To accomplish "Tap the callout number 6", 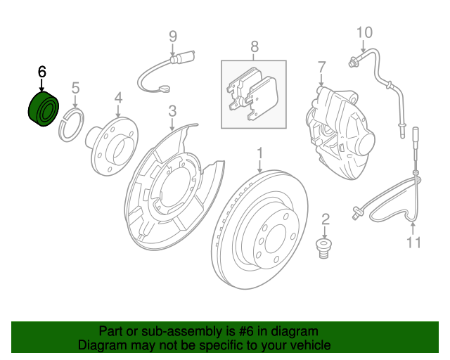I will pyautogui.click(x=41, y=72).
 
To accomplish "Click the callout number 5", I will pyautogui.click(x=75, y=89).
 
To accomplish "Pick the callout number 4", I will pyautogui.click(x=117, y=98).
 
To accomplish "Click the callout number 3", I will pyautogui.click(x=172, y=110).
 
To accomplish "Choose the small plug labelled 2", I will pyautogui.click(x=323, y=247).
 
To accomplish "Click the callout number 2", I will pyautogui.click(x=326, y=219).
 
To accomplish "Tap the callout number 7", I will pyautogui.click(x=321, y=68).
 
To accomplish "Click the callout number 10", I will pyautogui.click(x=364, y=32).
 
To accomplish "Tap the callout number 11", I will pyautogui.click(x=413, y=243).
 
